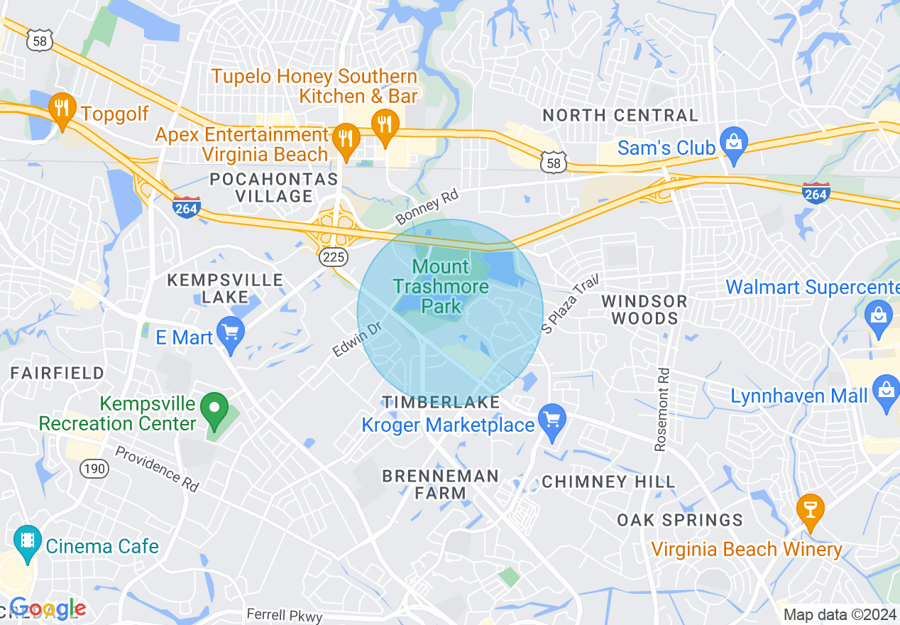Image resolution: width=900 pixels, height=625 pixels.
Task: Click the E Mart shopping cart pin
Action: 231,333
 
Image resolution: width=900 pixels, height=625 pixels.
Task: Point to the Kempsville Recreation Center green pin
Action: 214,410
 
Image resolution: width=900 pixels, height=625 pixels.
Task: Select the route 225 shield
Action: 333,257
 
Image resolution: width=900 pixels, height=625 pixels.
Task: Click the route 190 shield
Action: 94,468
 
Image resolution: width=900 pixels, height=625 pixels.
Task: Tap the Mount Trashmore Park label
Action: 441,287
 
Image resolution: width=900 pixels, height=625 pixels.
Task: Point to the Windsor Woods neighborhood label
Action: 644,310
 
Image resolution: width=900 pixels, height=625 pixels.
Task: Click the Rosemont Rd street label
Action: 662,409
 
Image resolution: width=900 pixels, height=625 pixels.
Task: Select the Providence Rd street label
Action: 157,468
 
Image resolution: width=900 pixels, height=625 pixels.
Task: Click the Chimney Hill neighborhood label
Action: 608,482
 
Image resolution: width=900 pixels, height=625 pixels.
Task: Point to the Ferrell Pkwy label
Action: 284,615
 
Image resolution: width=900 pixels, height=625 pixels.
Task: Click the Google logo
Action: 48,609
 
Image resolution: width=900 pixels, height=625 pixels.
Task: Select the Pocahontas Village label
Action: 274,187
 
